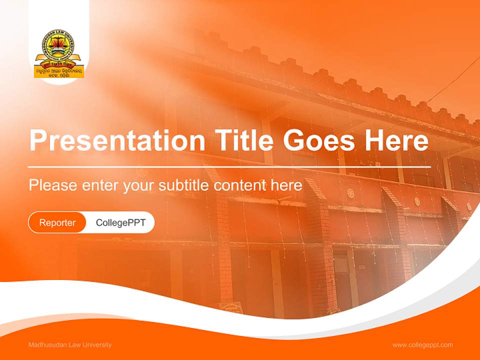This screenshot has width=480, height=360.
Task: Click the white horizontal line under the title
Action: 229,166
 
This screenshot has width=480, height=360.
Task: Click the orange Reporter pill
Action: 57,222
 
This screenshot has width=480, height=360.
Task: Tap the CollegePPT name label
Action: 120,222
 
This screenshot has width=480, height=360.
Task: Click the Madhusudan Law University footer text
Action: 70,345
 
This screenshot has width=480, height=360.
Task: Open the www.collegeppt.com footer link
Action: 422,345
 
